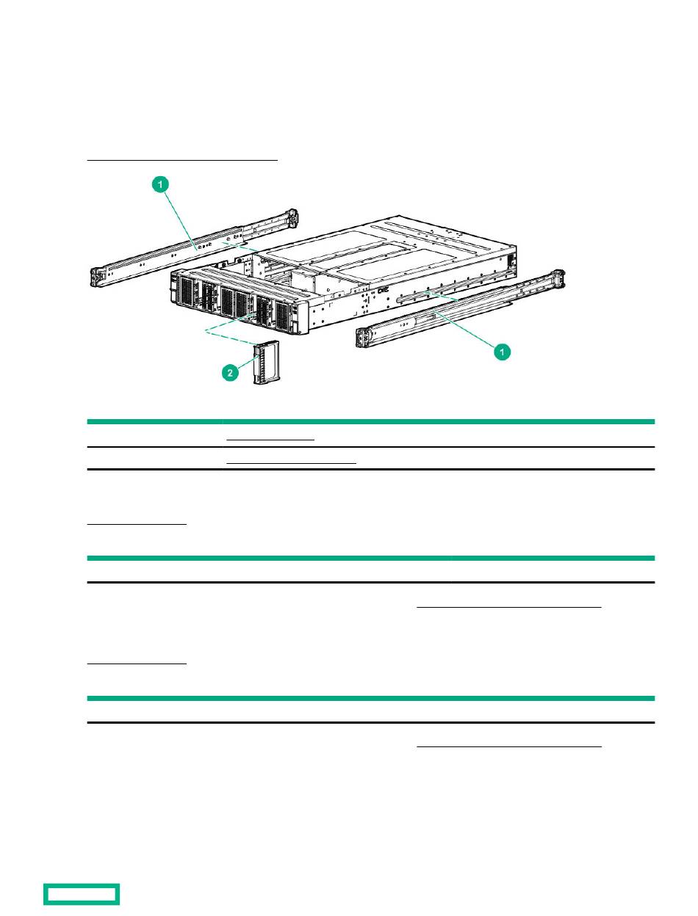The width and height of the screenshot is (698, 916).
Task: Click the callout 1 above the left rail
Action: pos(160,186)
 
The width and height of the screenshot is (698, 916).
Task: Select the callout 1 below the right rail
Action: pos(503,353)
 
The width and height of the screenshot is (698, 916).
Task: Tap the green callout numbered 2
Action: pos(230,374)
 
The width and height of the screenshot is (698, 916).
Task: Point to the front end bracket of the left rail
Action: pos(98,275)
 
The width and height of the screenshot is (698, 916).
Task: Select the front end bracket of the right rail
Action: pos(363,337)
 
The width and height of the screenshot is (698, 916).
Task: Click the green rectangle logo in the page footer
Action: pos(82,894)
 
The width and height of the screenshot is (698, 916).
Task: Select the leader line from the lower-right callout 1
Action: pos(463,331)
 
